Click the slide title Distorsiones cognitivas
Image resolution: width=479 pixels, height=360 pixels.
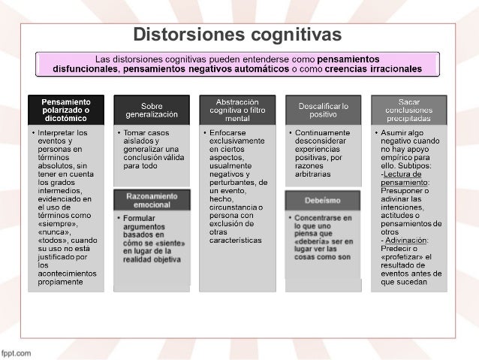[237, 35]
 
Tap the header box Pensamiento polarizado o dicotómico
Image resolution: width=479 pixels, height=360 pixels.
[65, 110]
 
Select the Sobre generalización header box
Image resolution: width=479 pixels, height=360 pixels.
[151, 110]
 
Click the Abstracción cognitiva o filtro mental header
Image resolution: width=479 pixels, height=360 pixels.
[236, 110]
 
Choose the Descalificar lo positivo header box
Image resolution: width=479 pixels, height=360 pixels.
[323, 110]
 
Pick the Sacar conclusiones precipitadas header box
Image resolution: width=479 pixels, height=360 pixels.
[408, 110]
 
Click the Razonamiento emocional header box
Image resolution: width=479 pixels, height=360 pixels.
[151, 200]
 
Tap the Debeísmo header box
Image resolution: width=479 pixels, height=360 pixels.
[323, 201]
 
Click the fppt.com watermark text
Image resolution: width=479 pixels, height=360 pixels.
[16, 352]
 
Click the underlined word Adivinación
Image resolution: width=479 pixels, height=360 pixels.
[406, 240]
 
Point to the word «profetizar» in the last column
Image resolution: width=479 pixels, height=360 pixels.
[402, 257]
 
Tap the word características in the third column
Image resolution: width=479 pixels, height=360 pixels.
[236, 240]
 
